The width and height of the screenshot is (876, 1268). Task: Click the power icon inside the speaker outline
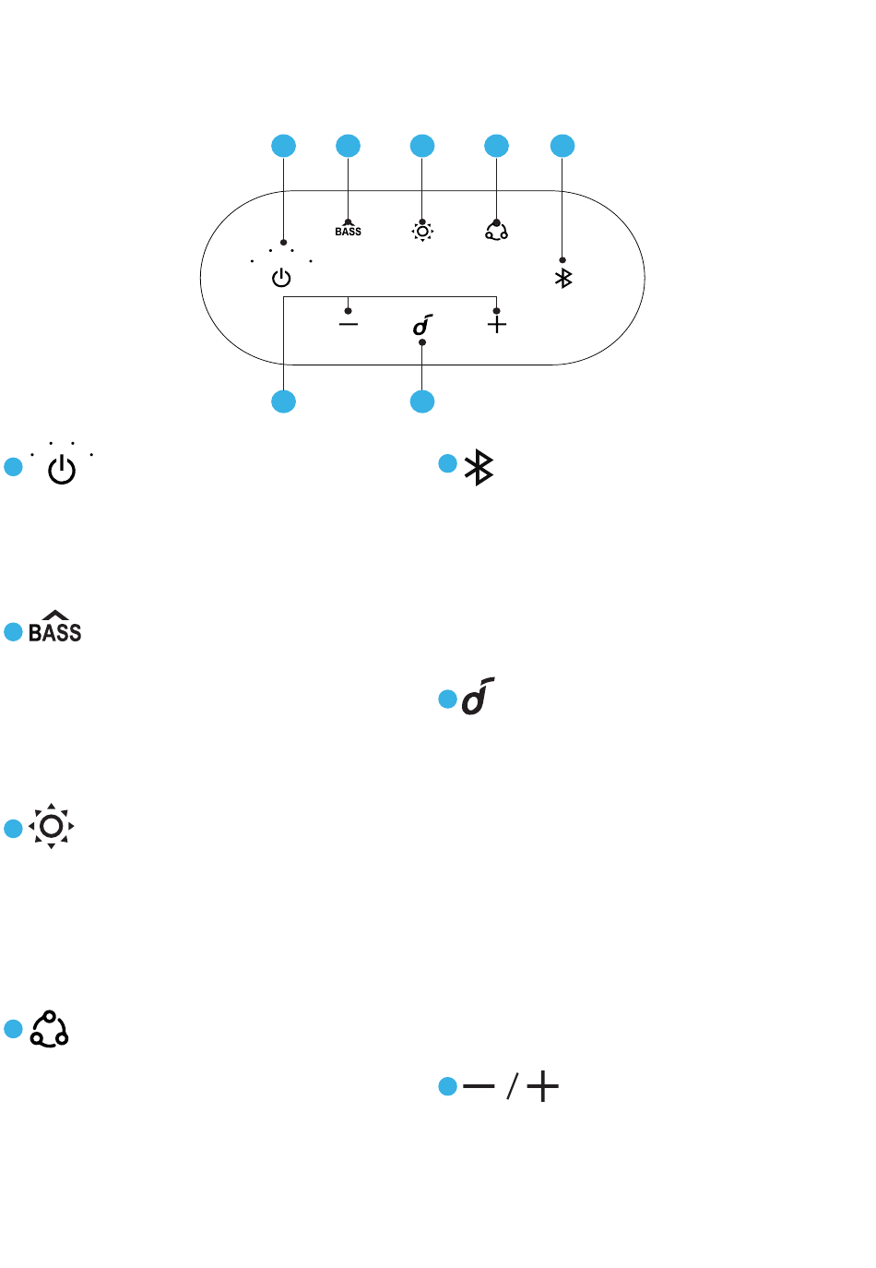coord(281,279)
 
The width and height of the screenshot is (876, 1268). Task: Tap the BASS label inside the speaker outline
coord(348,232)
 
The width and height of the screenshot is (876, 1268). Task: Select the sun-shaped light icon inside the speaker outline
coord(422,231)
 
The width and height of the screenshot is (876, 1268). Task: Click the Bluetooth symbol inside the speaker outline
coord(563,278)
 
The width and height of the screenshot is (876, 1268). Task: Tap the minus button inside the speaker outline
coord(349,324)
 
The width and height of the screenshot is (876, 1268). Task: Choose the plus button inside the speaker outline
coord(496,324)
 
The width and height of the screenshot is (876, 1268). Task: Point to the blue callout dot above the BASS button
coord(348,146)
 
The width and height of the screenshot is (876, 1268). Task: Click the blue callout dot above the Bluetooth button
coord(562,146)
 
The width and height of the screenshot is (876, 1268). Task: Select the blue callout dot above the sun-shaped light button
coord(422,146)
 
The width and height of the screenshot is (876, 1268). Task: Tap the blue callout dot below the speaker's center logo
coord(422,401)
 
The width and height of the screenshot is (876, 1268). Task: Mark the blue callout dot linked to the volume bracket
coord(283,401)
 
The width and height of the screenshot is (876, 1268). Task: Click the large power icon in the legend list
coord(62,470)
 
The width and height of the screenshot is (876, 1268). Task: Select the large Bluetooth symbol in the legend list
coord(479,467)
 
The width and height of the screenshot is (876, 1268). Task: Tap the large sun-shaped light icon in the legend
coord(51,826)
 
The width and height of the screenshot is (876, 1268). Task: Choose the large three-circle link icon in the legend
coord(49,1029)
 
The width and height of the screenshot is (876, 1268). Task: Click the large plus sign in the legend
coord(542,1085)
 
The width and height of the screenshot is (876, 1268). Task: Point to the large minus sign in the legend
coord(479,1085)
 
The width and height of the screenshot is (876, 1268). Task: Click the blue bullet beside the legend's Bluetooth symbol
coord(447,463)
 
